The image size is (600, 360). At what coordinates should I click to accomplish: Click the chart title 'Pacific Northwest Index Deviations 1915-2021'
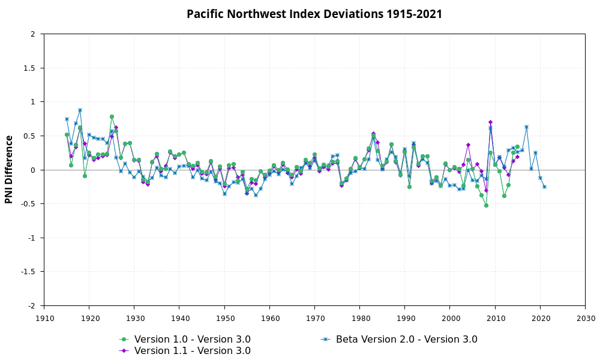[314, 14]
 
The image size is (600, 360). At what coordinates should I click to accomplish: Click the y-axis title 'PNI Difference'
[9, 169]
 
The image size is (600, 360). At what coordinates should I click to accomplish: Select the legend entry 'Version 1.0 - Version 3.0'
[192, 339]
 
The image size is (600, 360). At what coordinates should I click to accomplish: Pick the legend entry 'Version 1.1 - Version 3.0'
[192, 350]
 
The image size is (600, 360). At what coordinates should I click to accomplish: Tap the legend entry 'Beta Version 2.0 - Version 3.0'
[406, 339]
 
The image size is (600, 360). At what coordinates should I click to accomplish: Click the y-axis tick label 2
[33, 34]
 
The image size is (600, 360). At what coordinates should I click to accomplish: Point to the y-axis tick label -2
[31, 306]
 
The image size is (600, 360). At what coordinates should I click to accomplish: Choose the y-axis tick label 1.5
[29, 68]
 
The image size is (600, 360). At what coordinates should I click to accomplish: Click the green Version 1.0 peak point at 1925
[112, 117]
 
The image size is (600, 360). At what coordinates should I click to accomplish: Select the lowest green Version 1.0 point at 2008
[486, 205]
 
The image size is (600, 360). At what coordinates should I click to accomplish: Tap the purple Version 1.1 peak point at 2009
[490, 122]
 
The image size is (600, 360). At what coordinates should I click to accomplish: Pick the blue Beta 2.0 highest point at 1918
[80, 110]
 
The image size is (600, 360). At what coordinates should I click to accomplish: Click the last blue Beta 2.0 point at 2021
[544, 187]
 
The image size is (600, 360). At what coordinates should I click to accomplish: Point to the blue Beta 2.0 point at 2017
[526, 127]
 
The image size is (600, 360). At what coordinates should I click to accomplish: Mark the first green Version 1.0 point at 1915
[67, 135]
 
